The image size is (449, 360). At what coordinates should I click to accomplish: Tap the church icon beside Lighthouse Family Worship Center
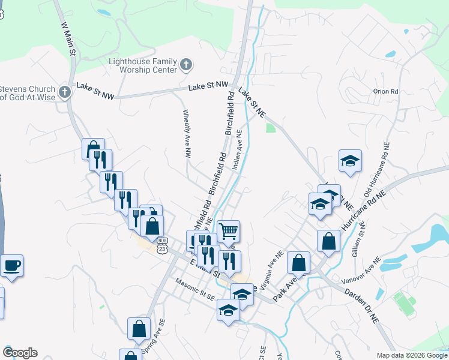pos(186,64)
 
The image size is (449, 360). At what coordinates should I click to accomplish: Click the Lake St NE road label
pos(252,102)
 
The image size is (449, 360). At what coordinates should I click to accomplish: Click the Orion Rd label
pos(385,92)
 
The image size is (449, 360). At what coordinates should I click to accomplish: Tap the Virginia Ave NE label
pos(272,268)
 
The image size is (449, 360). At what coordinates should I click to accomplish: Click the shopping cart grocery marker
pos(228,230)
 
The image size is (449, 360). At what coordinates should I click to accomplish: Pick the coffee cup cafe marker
pos(12,265)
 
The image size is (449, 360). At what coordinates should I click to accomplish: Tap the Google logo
pos(20,353)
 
